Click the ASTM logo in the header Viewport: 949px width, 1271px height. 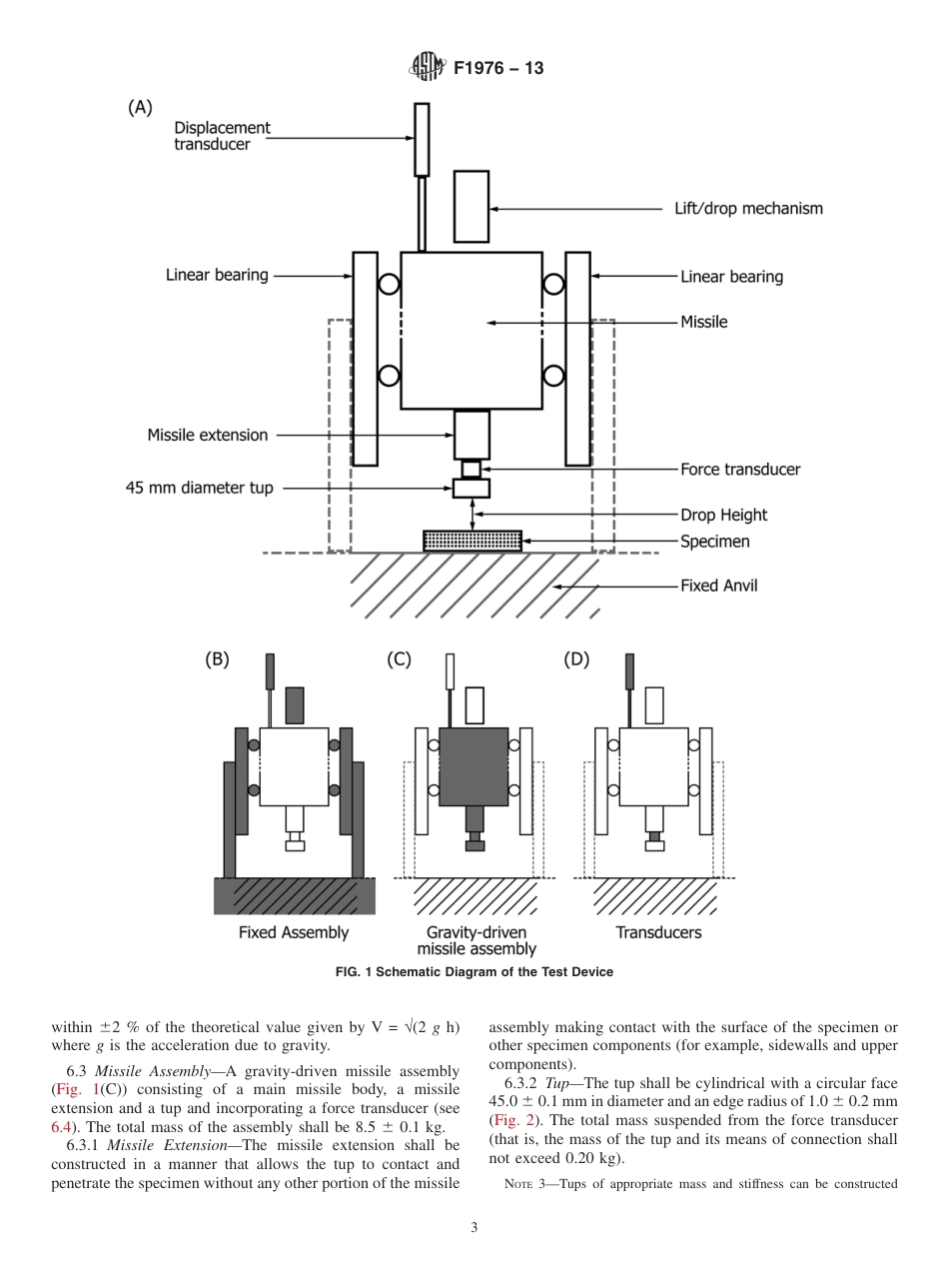click(x=427, y=68)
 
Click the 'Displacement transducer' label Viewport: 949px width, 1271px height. click(x=222, y=136)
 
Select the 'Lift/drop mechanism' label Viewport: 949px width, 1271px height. click(x=748, y=209)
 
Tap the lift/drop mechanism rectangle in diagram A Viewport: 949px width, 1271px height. click(x=472, y=206)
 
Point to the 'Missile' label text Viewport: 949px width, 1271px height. click(x=703, y=322)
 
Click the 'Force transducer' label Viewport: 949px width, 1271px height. click(x=739, y=469)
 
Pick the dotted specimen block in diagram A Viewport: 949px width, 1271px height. click(x=472, y=541)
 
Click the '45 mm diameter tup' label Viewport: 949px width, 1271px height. click(x=199, y=489)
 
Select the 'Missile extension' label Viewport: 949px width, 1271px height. click(x=208, y=435)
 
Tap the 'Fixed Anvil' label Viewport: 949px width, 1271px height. click(x=718, y=586)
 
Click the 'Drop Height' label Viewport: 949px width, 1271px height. click(x=723, y=516)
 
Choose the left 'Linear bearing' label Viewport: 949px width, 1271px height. click(x=217, y=276)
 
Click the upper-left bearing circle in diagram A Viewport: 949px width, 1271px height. click(x=389, y=286)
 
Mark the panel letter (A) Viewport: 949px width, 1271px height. click(x=140, y=108)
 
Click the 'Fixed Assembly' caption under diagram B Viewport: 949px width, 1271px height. click(x=294, y=932)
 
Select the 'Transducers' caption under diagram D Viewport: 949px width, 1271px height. click(x=658, y=932)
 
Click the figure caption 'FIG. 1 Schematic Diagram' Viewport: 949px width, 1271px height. click(x=474, y=972)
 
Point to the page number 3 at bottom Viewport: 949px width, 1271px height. click(x=474, y=1228)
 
